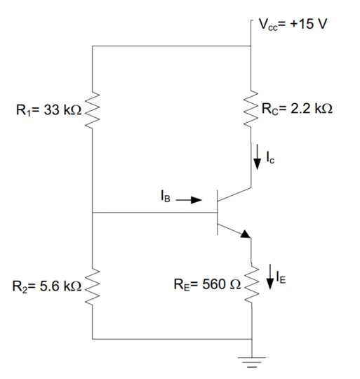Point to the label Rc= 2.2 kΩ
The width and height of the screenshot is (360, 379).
[296, 109]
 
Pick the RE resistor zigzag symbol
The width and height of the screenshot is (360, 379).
[252, 285]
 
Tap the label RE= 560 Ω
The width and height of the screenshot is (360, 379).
[205, 286]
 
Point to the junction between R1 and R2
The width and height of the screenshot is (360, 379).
[93, 212]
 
